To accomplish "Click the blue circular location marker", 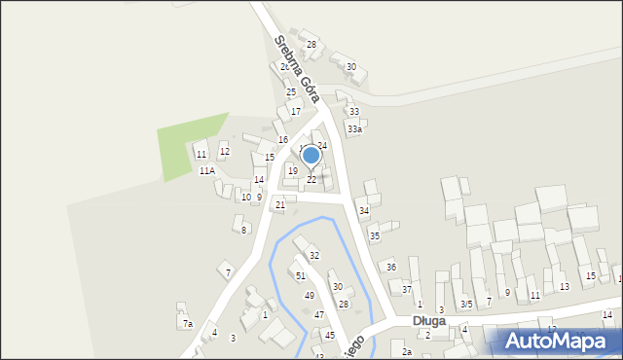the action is tap(311, 155).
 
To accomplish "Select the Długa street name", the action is tap(428, 320).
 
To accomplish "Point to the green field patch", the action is tap(191, 147).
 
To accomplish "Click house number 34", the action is tap(363, 210).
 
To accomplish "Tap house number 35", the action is tap(374, 235).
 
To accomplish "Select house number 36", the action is tap(390, 267).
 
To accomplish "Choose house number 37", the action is tap(407, 289).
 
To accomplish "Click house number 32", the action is tap(313, 255).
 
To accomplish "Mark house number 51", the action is tap(301, 275).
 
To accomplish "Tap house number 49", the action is tap(309, 295).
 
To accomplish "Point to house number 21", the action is tap(280, 204).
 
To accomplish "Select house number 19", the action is tap(292, 170).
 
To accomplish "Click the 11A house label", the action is tap(206, 170).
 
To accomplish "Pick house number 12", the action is tap(224, 151).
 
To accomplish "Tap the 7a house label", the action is tap(187, 323).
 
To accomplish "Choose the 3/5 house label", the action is tap(466, 304).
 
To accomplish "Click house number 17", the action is tap(295, 111).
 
